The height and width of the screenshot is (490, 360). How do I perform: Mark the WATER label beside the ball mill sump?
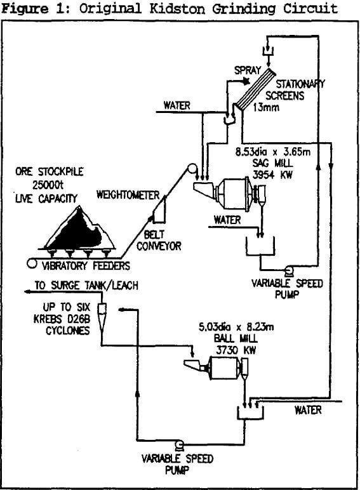pos(308,410)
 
